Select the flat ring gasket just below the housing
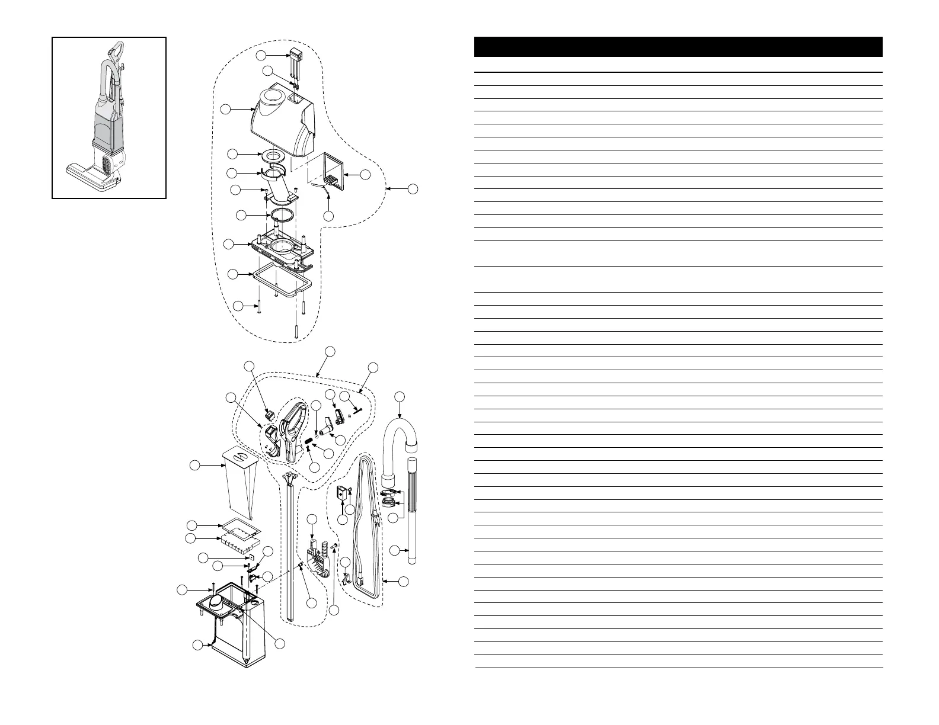pos(273,156)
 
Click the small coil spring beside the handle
pos(309,440)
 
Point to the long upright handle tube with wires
pos(290,551)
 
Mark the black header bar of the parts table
pos(678,47)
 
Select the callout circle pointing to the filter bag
pos(194,466)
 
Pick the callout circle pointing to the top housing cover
pos(225,109)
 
